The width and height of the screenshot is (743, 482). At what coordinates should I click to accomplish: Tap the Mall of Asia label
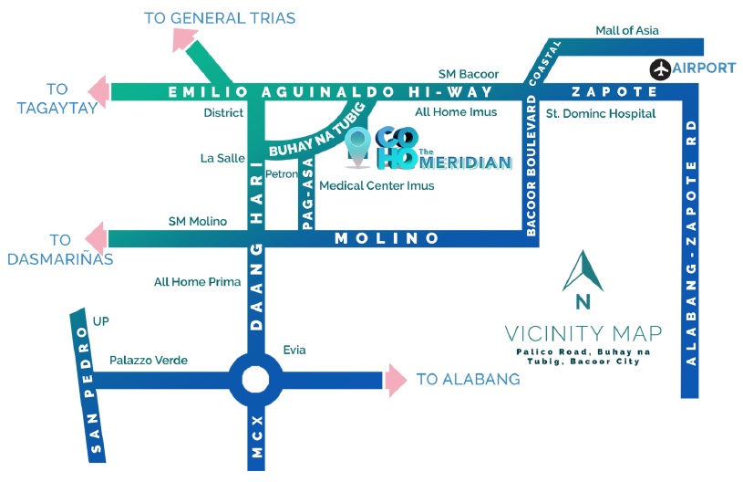(626, 31)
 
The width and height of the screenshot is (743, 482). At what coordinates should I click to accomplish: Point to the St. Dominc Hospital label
(600, 114)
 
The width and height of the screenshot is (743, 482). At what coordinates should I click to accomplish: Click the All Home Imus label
(456, 112)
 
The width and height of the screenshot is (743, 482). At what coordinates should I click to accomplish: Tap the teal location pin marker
(360, 148)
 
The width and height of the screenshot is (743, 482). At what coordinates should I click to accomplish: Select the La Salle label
(222, 158)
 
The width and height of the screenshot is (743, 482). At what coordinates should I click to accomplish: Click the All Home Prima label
(197, 282)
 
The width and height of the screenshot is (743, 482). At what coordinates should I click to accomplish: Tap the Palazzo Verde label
(149, 361)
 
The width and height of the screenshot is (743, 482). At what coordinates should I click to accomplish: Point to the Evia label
(294, 351)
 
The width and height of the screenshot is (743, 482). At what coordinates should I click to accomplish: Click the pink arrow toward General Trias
(186, 37)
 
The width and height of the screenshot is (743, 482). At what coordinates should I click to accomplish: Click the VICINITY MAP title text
(583, 332)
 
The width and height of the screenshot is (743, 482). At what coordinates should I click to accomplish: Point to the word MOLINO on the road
(387, 238)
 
